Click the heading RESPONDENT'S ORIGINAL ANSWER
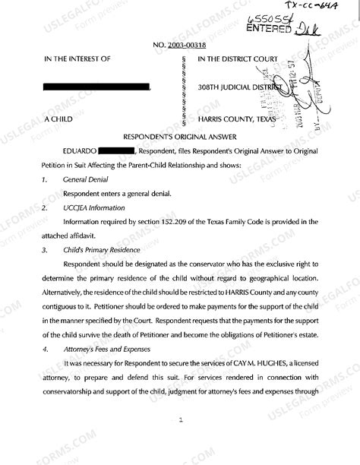pos(179,138)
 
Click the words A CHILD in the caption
pos(59,119)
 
